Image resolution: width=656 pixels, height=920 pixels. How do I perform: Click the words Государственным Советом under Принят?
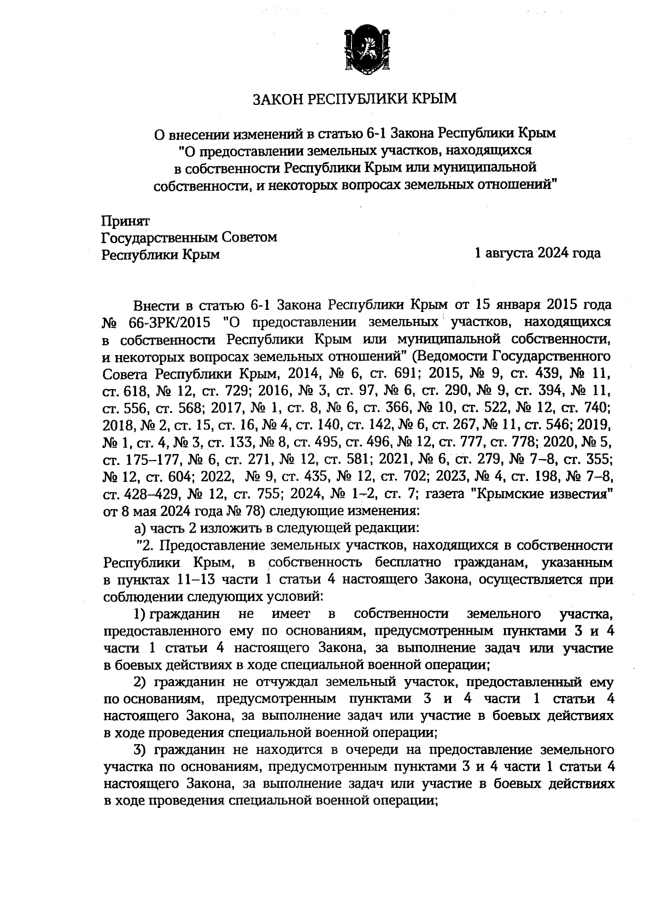(190, 238)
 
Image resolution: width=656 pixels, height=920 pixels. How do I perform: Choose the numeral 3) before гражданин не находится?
(141, 750)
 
